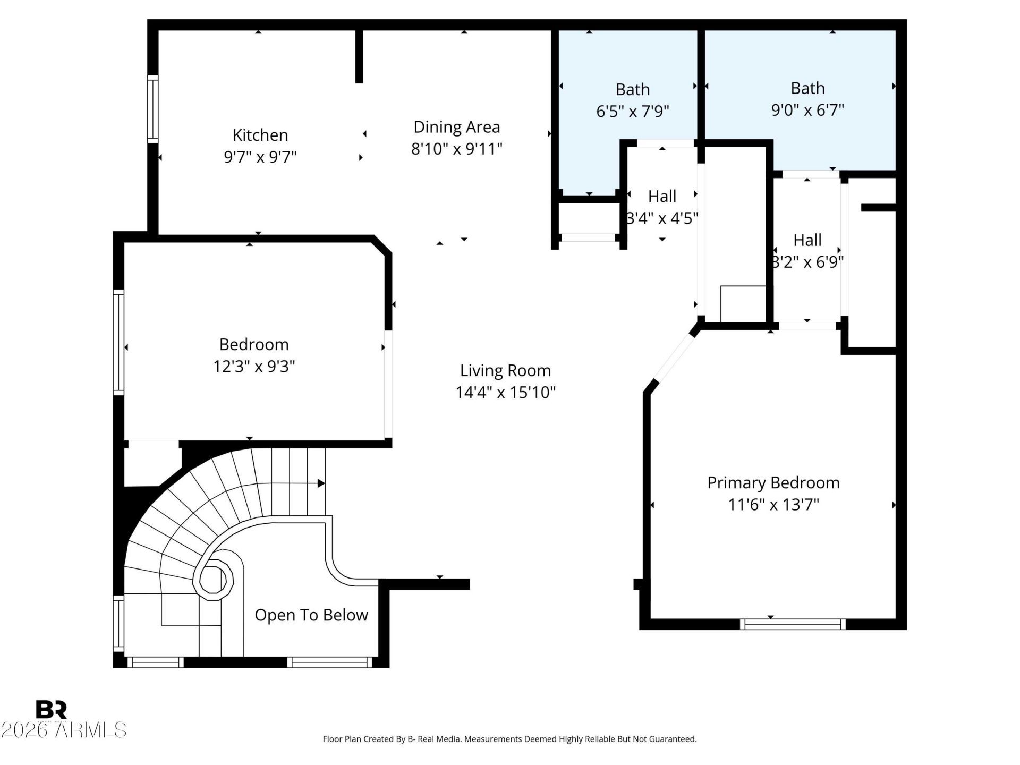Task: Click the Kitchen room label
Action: [x=260, y=135]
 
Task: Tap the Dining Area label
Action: [x=457, y=127]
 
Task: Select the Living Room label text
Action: [x=505, y=370]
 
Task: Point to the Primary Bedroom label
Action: [x=773, y=483]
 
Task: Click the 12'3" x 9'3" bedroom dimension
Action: [x=254, y=367]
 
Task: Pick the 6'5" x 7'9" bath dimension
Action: [x=633, y=111]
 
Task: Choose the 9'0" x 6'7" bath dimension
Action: [x=807, y=110]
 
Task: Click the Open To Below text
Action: [x=311, y=615]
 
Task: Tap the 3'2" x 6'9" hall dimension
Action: [x=807, y=262]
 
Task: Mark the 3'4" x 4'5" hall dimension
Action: [x=662, y=218]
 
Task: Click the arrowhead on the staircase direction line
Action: [x=321, y=483]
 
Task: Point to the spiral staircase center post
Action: [x=214, y=579]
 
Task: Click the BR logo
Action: [x=51, y=709]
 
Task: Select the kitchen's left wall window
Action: [x=152, y=109]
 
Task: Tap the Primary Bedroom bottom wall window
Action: [x=793, y=624]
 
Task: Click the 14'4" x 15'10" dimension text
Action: [x=505, y=393]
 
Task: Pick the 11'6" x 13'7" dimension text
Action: [x=773, y=504]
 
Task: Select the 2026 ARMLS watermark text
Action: [x=64, y=730]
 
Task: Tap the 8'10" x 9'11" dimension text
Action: [x=457, y=149]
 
